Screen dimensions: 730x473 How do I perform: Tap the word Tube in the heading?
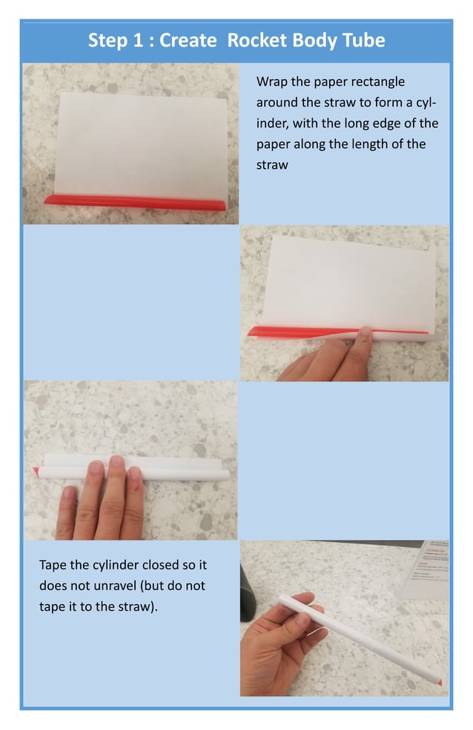(x=363, y=40)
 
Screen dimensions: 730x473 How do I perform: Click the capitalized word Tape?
(x=53, y=565)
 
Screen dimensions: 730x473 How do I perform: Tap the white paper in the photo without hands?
(x=141, y=141)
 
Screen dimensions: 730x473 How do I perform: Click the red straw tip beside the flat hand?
(x=36, y=470)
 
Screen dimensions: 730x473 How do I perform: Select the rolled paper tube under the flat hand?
(x=178, y=469)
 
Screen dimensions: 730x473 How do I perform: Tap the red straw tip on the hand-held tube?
(x=440, y=680)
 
